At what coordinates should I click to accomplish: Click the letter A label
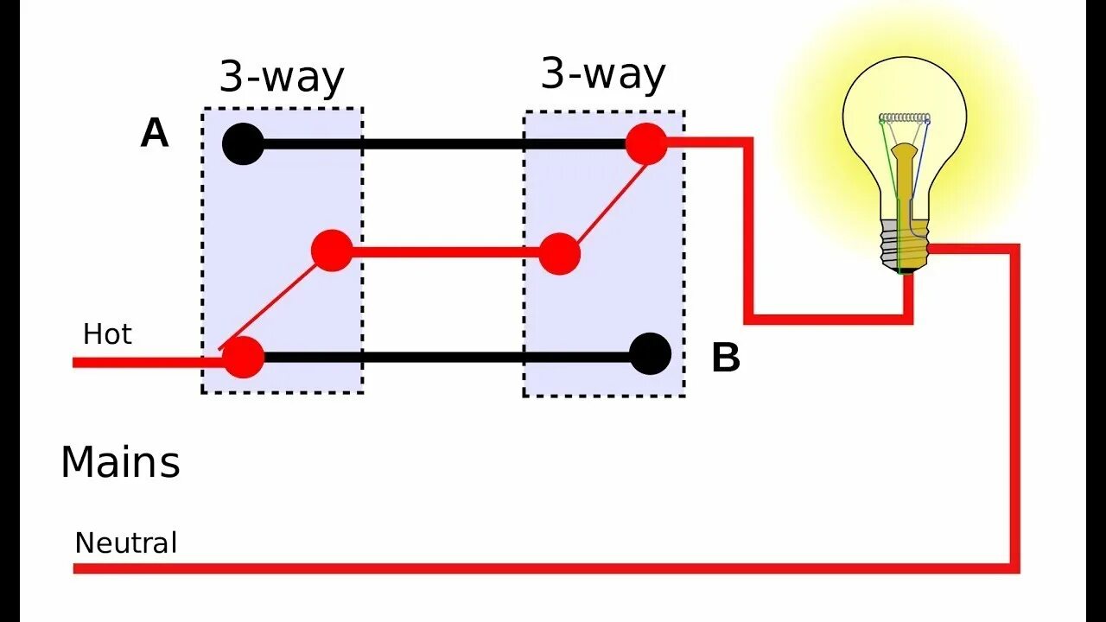(155, 134)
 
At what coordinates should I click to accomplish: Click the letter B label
(726, 359)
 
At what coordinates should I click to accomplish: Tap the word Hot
(107, 334)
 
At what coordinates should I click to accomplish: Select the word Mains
(120, 462)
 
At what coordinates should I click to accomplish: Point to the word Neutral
(126, 543)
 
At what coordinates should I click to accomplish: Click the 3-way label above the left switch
(282, 77)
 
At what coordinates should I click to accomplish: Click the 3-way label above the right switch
(603, 73)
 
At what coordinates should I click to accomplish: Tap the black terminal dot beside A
(244, 144)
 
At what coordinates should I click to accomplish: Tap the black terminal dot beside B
(650, 354)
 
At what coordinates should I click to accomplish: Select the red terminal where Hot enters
(243, 357)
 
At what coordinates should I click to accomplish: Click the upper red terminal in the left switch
(332, 251)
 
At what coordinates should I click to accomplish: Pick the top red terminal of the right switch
(646, 143)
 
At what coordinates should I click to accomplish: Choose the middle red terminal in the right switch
(560, 254)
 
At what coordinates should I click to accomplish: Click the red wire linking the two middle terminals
(445, 252)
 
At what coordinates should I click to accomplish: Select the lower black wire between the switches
(445, 356)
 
